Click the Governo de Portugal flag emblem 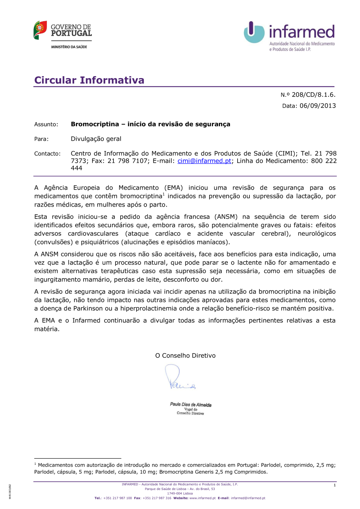[x=40, y=30]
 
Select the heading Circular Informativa [x=89, y=80]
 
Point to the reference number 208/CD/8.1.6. [x=313, y=95]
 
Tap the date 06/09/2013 [x=318, y=106]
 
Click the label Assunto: [x=46, y=125]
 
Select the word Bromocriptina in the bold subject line [x=95, y=124]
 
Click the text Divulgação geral [x=96, y=139]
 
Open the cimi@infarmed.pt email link [x=204, y=161]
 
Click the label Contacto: [x=47, y=154]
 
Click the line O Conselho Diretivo [x=185, y=356]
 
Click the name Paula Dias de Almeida [x=190, y=405]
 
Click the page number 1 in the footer [x=334, y=485]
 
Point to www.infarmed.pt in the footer [x=202, y=498]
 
